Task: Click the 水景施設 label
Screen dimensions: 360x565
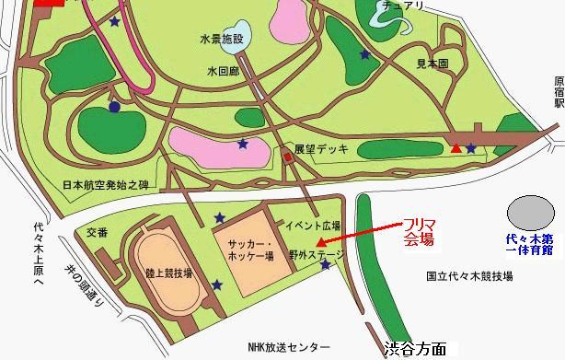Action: pos(221,39)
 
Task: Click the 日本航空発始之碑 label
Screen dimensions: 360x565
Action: pos(104,184)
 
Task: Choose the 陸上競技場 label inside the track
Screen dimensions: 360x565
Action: pos(168,274)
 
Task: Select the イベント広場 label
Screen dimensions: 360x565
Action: pos(314,226)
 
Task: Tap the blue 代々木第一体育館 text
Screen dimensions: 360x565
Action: pos(536,244)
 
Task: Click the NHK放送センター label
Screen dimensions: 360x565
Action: pos(288,347)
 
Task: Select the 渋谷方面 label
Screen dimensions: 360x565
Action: pos(415,349)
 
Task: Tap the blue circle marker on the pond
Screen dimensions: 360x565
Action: pos(114,108)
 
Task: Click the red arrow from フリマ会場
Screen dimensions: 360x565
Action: pos(359,237)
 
